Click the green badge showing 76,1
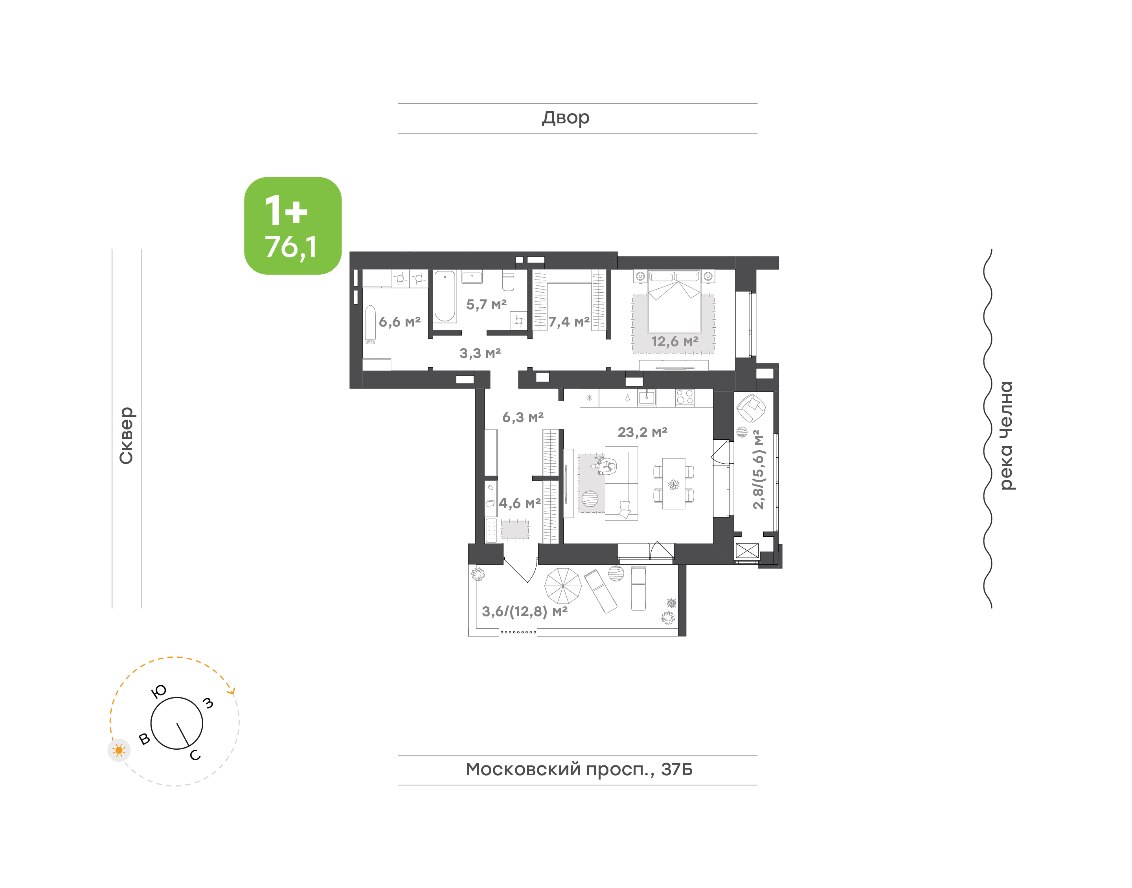point(293,226)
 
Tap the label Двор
point(566,118)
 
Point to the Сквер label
point(126,435)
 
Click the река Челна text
point(1007,436)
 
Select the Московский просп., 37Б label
point(579,769)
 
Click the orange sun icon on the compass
point(119,750)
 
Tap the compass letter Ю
point(158,691)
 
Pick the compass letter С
point(195,755)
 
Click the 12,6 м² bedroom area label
point(675,341)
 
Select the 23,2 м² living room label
point(642,432)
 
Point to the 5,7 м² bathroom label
point(486,305)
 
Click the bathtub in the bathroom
point(445,296)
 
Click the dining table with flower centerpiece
point(673,484)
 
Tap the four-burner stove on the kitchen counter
point(684,397)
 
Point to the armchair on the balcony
point(750,409)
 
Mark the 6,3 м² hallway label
point(523,418)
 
